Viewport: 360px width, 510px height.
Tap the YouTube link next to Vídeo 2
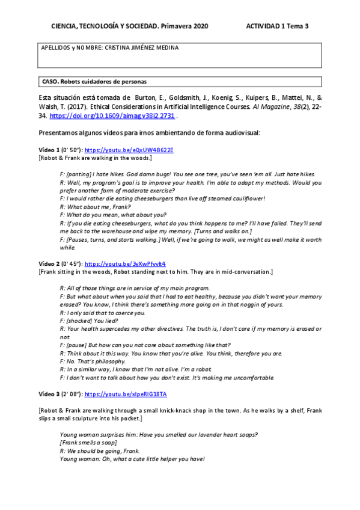coord(125,263)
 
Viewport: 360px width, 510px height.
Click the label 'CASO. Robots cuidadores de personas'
coord(94,81)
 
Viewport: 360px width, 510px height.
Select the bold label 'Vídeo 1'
coord(49,149)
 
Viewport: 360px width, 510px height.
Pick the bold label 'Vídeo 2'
coord(49,263)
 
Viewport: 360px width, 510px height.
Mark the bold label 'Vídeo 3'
coord(49,393)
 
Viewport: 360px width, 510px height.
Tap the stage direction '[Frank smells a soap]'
coord(88,443)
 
